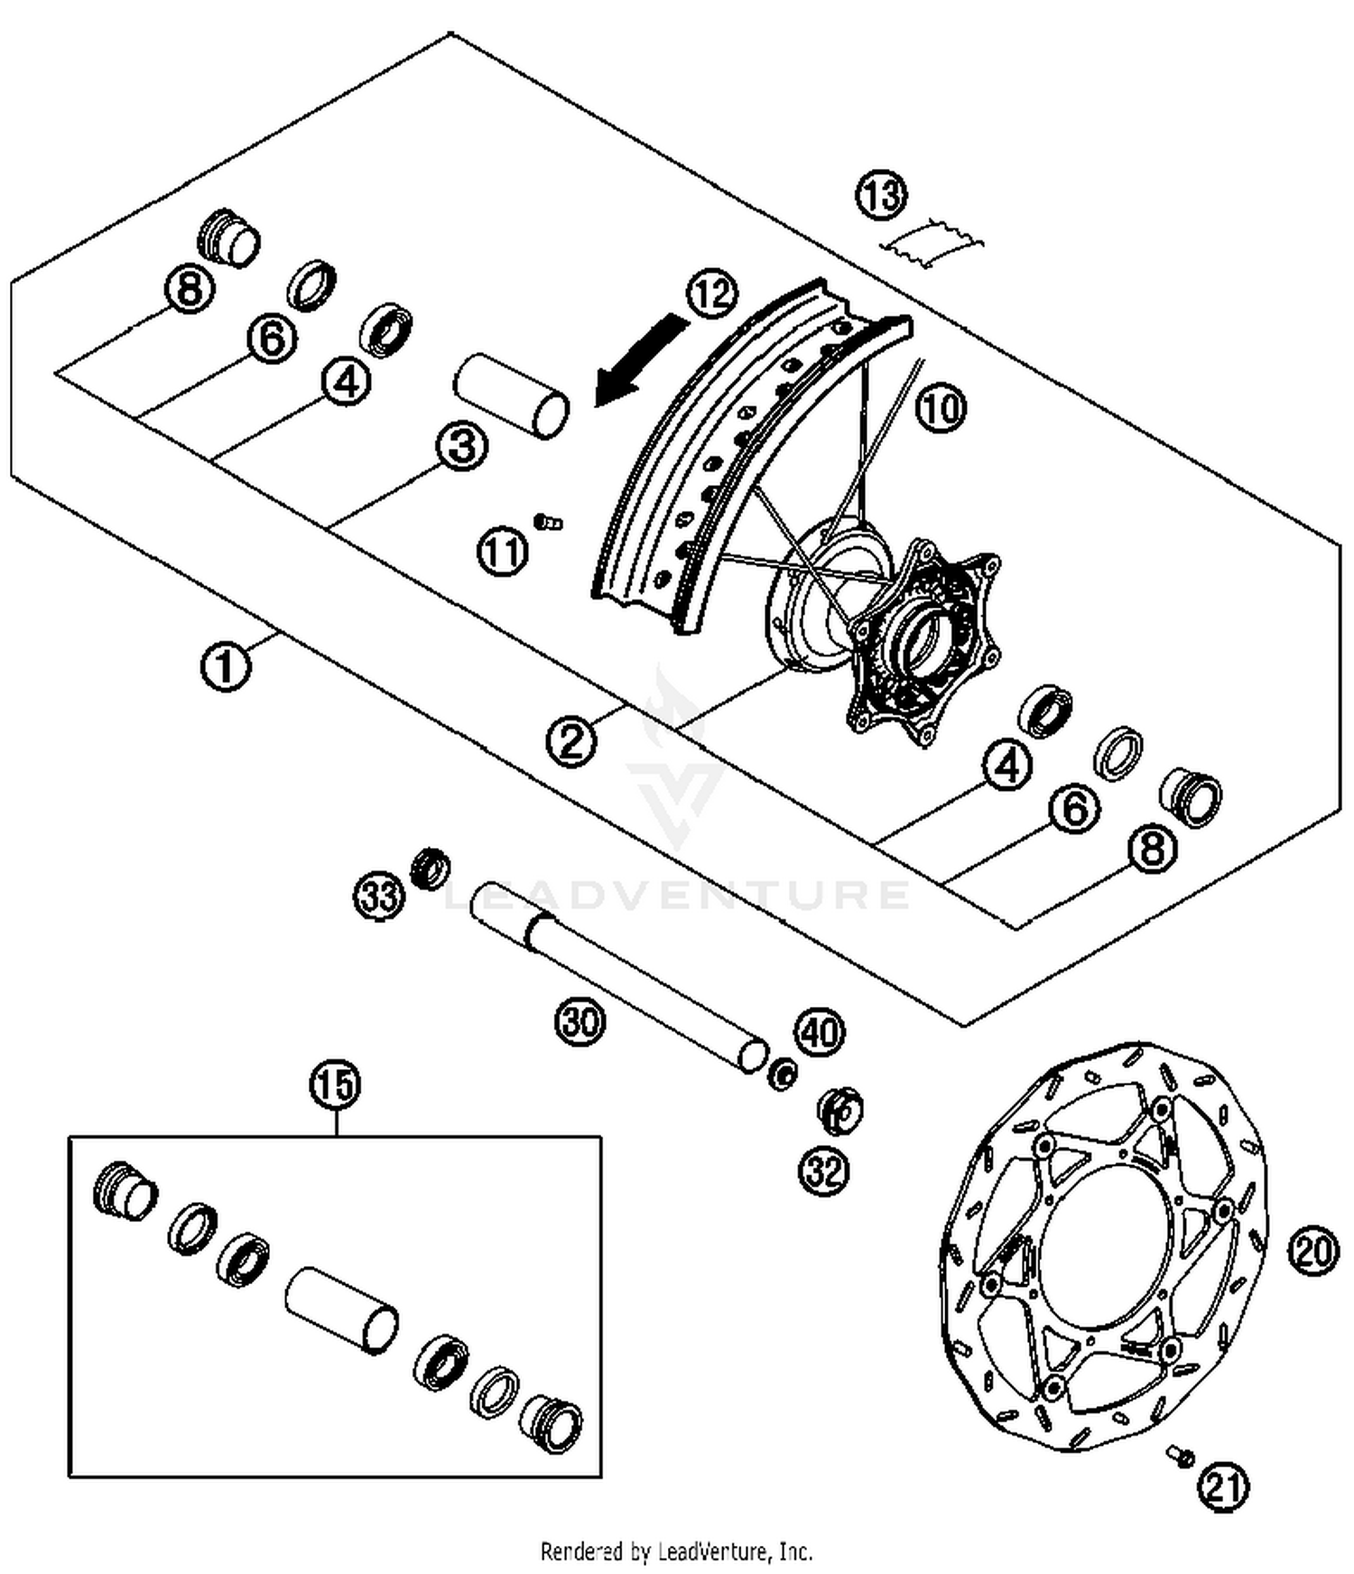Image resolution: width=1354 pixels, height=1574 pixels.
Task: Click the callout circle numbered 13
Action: pos(881,195)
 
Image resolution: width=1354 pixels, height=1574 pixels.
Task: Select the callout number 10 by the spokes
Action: pos(941,408)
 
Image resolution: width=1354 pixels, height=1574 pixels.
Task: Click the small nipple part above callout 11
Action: pos(548,522)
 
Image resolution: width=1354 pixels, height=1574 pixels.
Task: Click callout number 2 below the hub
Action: pos(571,741)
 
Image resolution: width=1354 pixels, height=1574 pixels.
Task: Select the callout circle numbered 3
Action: pos(462,446)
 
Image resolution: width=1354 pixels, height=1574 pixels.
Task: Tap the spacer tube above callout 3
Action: pos(512,396)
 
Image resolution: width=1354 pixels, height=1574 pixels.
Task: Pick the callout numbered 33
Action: pos(379,897)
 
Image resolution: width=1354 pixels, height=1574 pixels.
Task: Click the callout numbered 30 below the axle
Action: pos(580,1022)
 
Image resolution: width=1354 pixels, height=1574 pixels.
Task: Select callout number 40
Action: pos(820,1031)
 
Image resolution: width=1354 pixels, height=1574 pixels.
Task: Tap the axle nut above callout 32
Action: pos(839,1110)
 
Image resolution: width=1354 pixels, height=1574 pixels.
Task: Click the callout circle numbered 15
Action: pos(336,1084)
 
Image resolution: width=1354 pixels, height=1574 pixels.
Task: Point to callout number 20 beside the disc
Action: pos(1313,1251)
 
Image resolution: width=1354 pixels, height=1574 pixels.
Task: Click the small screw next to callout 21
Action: pos(1180,1455)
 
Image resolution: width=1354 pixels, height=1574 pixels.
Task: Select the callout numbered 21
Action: pos(1224,1486)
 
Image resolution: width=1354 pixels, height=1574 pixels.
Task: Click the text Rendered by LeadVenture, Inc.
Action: pos(676,1551)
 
